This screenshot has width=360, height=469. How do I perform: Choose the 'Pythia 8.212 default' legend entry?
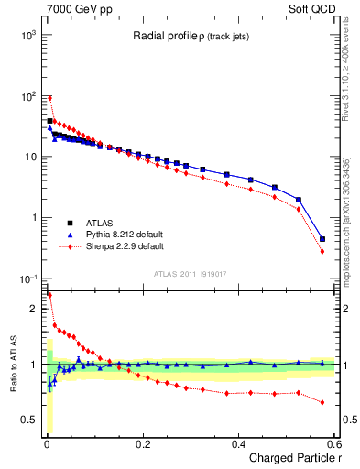coord(124,234)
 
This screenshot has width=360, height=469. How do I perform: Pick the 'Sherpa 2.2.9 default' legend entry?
coord(124,246)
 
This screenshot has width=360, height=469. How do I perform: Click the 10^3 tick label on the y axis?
coord(27,35)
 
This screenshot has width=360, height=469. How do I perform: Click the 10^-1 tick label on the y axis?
coord(27,278)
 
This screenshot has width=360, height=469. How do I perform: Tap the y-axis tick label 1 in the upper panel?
coord(34,218)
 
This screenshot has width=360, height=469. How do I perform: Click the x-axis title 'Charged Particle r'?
coord(294,459)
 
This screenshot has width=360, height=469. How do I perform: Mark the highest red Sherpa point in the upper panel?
coord(49,98)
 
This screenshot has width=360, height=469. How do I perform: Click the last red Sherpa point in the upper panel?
coord(322,251)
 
